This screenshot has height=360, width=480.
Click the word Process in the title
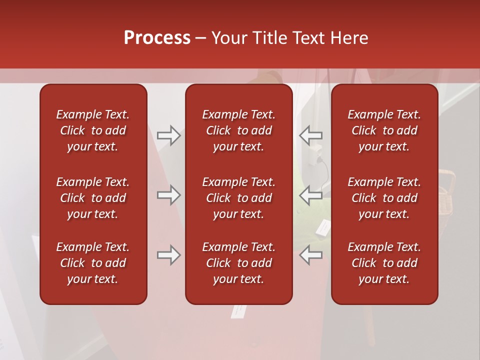[x=157, y=38]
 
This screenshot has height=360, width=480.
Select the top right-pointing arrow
[x=168, y=135]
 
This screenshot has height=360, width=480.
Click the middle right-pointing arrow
[x=168, y=195]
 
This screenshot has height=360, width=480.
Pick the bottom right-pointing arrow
[x=168, y=255]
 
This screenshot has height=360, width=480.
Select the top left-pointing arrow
[x=310, y=135]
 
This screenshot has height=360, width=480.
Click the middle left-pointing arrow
[x=310, y=195]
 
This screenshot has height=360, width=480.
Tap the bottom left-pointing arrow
[x=310, y=255]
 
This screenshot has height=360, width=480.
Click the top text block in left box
[x=93, y=130]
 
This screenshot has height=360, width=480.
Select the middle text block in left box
[x=93, y=198]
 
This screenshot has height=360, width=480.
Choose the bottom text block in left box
[x=93, y=263]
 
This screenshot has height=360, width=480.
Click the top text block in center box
[x=238, y=130]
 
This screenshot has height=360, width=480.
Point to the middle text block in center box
[x=238, y=198]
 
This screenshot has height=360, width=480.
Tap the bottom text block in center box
[x=238, y=263]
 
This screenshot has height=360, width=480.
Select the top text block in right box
[x=384, y=130]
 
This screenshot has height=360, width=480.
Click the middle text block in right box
[x=384, y=198]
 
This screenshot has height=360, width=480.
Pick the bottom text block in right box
[x=384, y=263]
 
